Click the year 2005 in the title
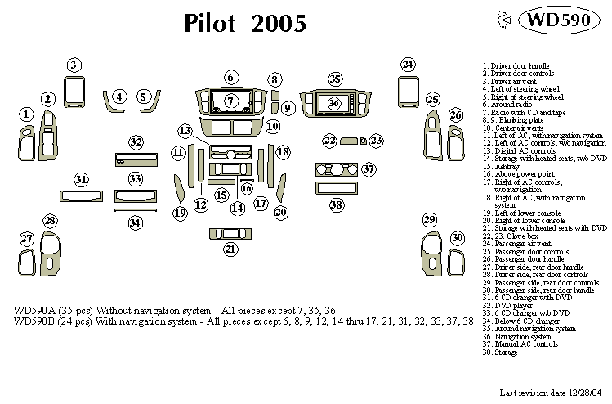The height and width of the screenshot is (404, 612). coord(278,23)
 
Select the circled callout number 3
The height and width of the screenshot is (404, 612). coord(74,65)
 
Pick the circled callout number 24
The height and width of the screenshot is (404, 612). coord(408,64)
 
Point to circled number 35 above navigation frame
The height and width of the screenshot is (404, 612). coord(335,79)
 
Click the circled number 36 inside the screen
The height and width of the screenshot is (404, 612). coord(333,103)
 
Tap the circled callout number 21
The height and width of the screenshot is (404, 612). coord(231,249)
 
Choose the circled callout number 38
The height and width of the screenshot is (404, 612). coord(336,205)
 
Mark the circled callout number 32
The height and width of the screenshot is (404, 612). coord(136,142)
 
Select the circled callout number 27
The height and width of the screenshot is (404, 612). coord(27,239)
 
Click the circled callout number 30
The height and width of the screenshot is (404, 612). coord(458,237)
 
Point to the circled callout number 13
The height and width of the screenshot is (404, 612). coord(185,131)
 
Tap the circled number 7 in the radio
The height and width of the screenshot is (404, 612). coord(231,101)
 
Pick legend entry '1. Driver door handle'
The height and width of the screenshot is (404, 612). coord(516,65)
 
